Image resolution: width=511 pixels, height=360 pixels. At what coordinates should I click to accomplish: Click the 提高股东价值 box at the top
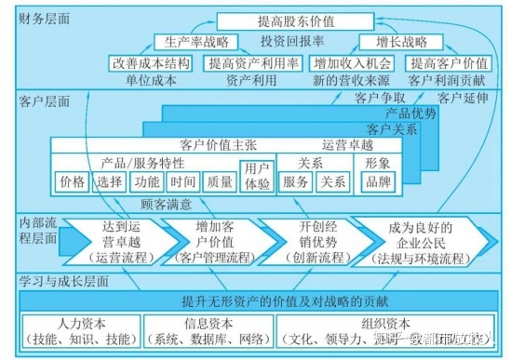coord(265,20)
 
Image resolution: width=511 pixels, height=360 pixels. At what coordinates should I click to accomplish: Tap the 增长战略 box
coord(387,42)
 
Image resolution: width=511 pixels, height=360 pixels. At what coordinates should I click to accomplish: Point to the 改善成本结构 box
coord(152,64)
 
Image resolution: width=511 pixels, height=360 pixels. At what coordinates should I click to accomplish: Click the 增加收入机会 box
coord(353,64)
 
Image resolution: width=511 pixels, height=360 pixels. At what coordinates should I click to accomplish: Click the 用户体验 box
coord(256,178)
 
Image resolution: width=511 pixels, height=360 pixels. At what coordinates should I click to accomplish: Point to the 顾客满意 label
coord(166,204)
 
